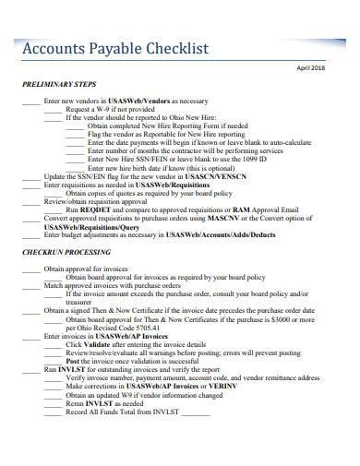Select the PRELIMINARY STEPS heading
(x=58, y=83)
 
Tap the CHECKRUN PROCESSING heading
(x=62, y=252)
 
